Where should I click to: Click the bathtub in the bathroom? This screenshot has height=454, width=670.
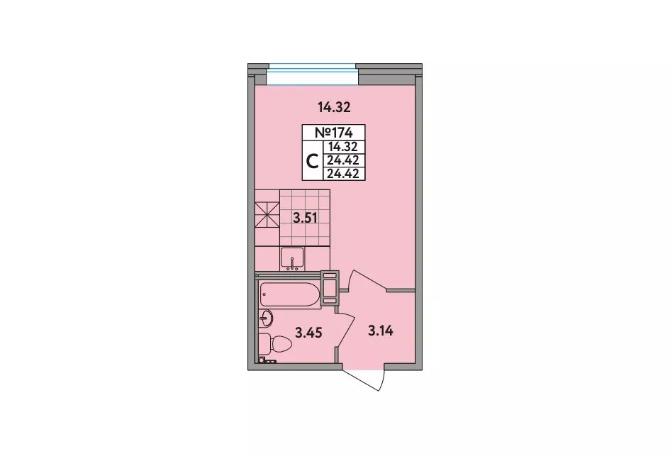point(290,294)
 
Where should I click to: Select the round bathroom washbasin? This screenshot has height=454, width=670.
point(265,318)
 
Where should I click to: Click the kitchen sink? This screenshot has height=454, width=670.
point(292,259)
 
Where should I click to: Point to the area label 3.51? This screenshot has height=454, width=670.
point(305,218)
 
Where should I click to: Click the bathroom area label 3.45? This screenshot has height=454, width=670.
point(309,332)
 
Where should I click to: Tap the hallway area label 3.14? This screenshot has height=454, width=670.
point(380,331)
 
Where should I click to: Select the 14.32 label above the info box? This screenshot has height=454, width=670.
point(334,107)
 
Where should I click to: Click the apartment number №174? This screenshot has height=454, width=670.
point(334,132)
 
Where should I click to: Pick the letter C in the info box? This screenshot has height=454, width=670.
point(313,161)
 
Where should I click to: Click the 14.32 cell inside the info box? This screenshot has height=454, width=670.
point(342,147)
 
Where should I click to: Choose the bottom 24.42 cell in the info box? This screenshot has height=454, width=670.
point(342,174)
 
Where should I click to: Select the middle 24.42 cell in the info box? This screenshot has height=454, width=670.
point(342,160)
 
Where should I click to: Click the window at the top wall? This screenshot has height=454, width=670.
point(313,74)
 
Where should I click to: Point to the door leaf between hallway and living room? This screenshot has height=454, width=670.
point(367,280)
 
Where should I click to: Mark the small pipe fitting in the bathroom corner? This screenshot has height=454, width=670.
point(268,360)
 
